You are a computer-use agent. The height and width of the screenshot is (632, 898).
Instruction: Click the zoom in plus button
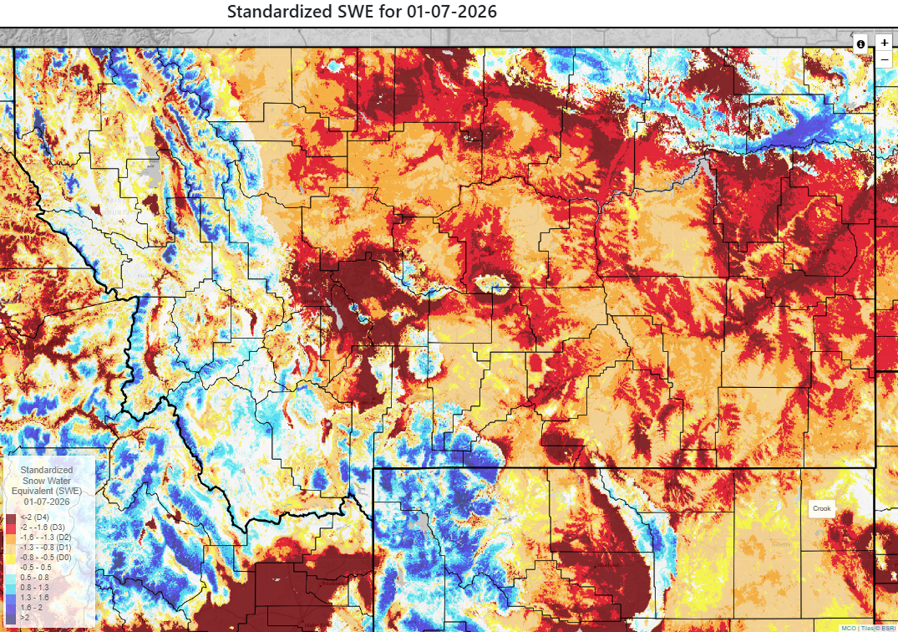tap(884, 43)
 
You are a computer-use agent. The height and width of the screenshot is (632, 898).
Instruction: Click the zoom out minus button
tap(884, 59)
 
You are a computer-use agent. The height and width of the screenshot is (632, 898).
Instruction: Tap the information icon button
tap(861, 44)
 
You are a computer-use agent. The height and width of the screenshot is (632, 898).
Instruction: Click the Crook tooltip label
tap(822, 508)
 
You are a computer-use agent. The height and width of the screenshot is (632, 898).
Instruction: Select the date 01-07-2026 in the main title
tap(452, 12)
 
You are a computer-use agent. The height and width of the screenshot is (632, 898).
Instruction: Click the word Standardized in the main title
tap(279, 12)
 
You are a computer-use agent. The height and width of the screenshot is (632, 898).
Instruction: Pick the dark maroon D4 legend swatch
tap(11, 517)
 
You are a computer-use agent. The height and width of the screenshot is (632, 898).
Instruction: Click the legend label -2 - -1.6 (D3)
tap(43, 528)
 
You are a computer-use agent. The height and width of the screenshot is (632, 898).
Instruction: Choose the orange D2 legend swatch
tap(11, 538)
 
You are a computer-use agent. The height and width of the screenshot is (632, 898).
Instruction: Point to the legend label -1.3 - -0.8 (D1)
tap(45, 547)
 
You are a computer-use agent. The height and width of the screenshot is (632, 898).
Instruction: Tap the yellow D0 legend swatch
tap(11, 558)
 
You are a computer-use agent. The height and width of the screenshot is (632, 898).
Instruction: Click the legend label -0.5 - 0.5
tap(36, 567)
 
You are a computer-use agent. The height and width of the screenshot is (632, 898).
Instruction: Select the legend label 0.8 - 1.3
tap(35, 588)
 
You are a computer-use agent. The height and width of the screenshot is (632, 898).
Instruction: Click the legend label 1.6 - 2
tap(31, 608)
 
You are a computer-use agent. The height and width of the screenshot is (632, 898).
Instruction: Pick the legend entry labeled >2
tap(25, 617)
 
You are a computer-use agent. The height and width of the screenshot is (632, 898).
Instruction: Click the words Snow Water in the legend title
tap(47, 481)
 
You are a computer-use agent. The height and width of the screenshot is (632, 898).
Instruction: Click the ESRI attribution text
tap(888, 628)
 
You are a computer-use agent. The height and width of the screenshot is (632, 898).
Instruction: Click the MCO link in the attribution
tap(848, 628)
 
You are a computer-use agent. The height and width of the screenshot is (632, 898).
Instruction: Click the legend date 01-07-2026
tap(47, 502)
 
